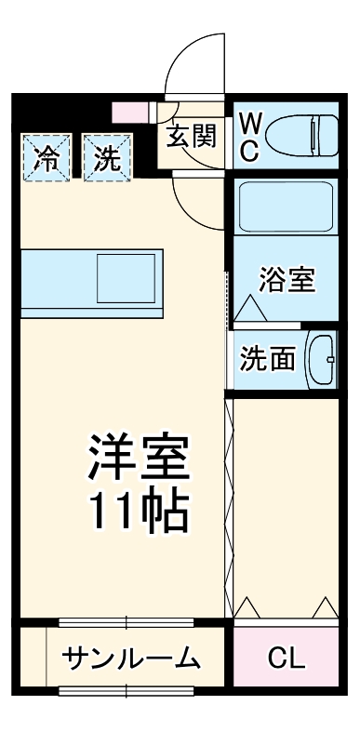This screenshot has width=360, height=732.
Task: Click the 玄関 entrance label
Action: point(193,136)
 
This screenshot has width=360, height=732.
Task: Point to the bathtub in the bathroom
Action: point(286,206)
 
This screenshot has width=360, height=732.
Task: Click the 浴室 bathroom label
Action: point(286,279)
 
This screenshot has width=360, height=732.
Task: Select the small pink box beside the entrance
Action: point(125,114)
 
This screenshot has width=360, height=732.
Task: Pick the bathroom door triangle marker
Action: point(249,308)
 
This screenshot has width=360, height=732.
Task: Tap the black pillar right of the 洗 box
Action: point(144,153)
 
